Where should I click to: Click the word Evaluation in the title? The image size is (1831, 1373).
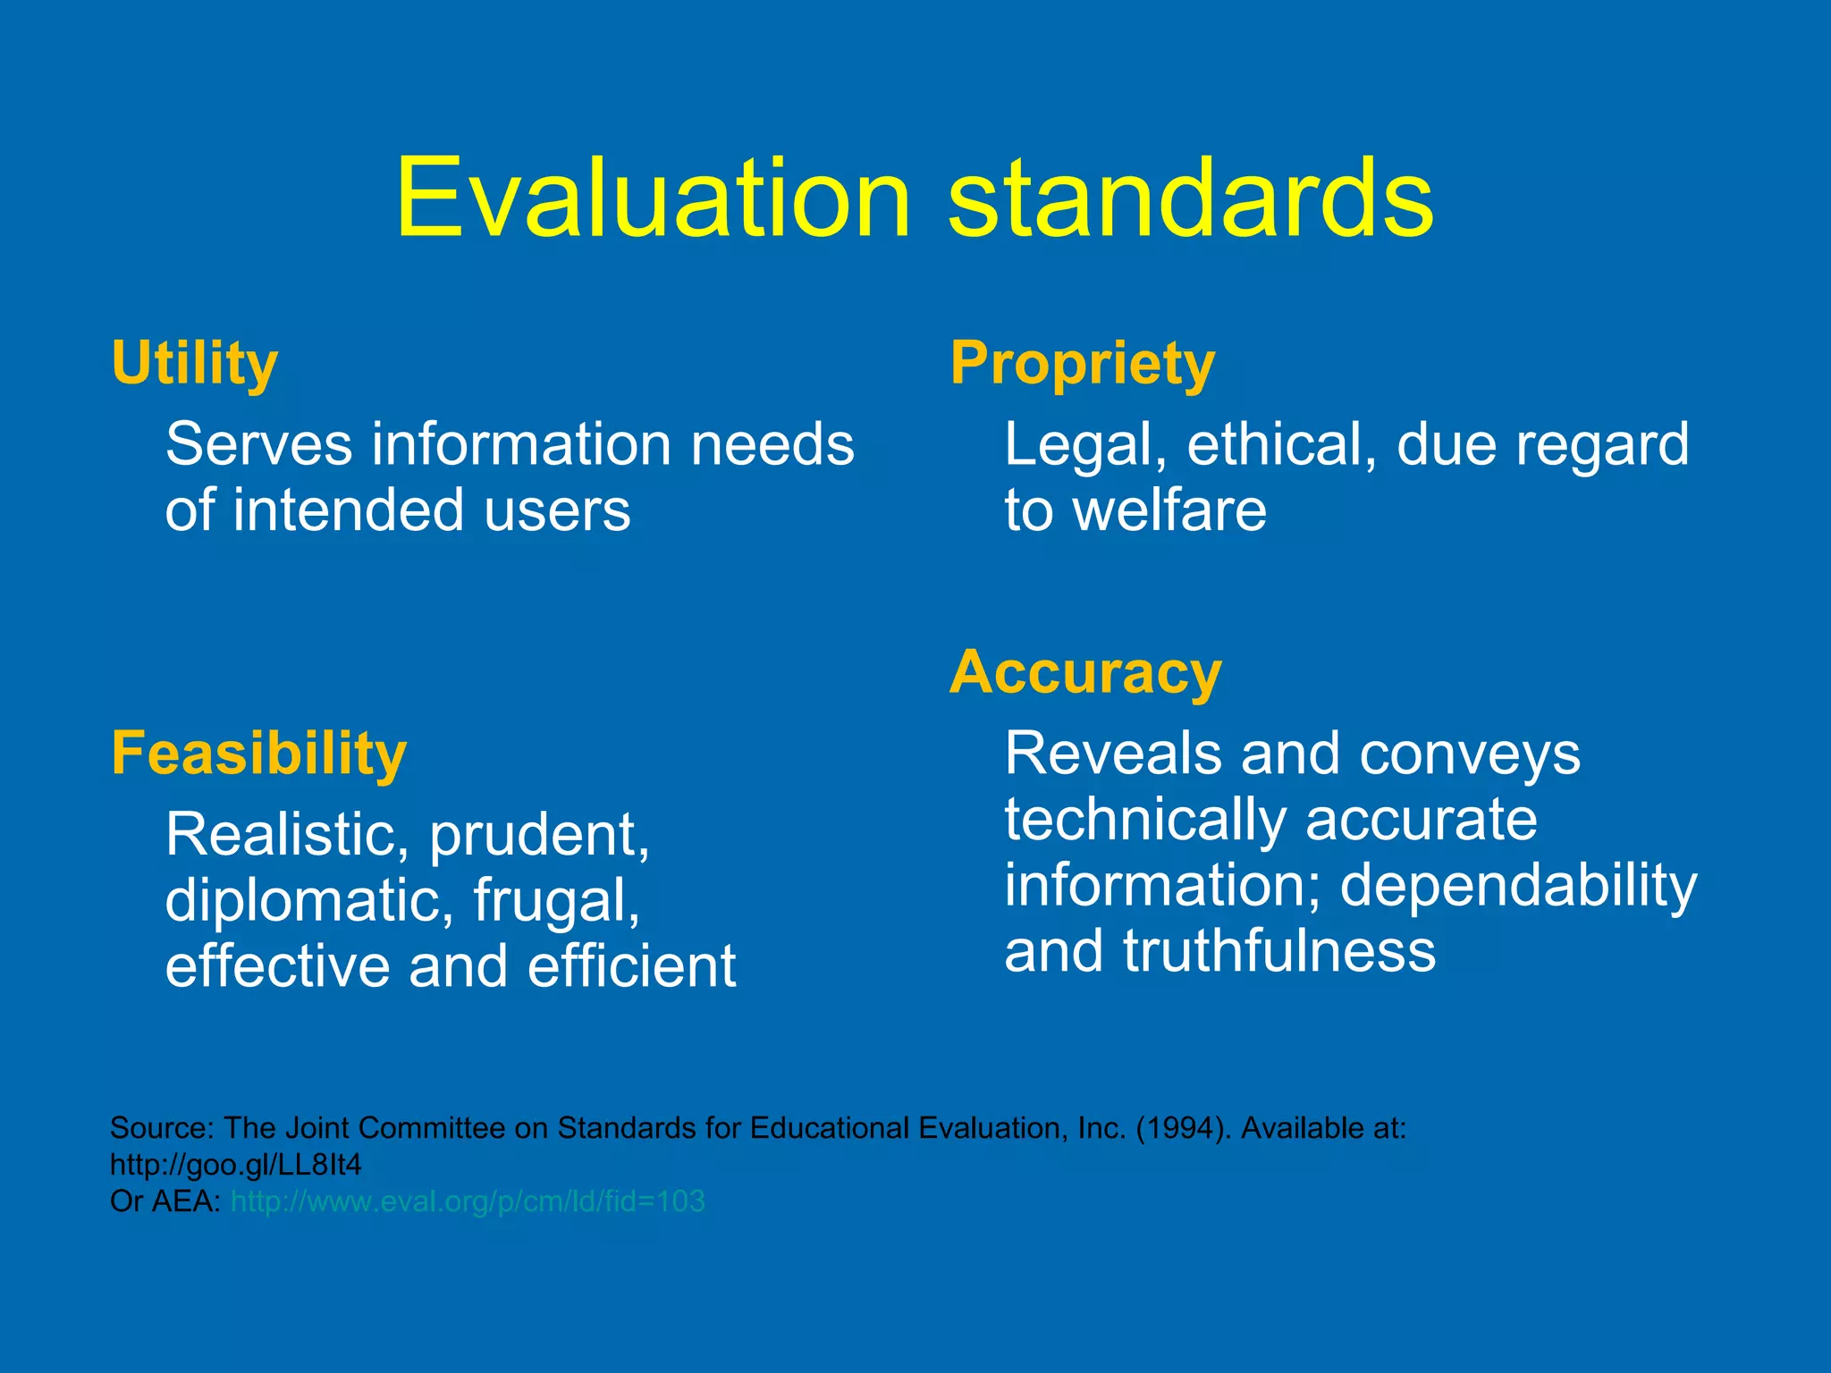pyautogui.click(x=653, y=198)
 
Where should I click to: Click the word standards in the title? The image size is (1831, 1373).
pyautogui.click(x=1191, y=198)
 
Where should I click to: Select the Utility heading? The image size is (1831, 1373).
pyautogui.click(x=195, y=365)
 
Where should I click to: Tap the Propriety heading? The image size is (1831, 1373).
pyautogui.click(x=1083, y=365)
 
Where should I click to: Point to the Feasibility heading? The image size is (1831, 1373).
pyautogui.click(x=259, y=754)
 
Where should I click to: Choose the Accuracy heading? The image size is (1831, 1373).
pyautogui.click(x=1085, y=673)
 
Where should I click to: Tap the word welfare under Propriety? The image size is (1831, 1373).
pyautogui.click(x=1169, y=510)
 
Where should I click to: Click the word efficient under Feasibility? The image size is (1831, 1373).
pyautogui.click(x=631, y=966)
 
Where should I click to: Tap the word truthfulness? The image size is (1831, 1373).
pyautogui.click(x=1279, y=951)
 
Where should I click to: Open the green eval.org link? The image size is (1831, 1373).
pyautogui.click(x=468, y=1201)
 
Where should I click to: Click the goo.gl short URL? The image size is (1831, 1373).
pyautogui.click(x=236, y=1165)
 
